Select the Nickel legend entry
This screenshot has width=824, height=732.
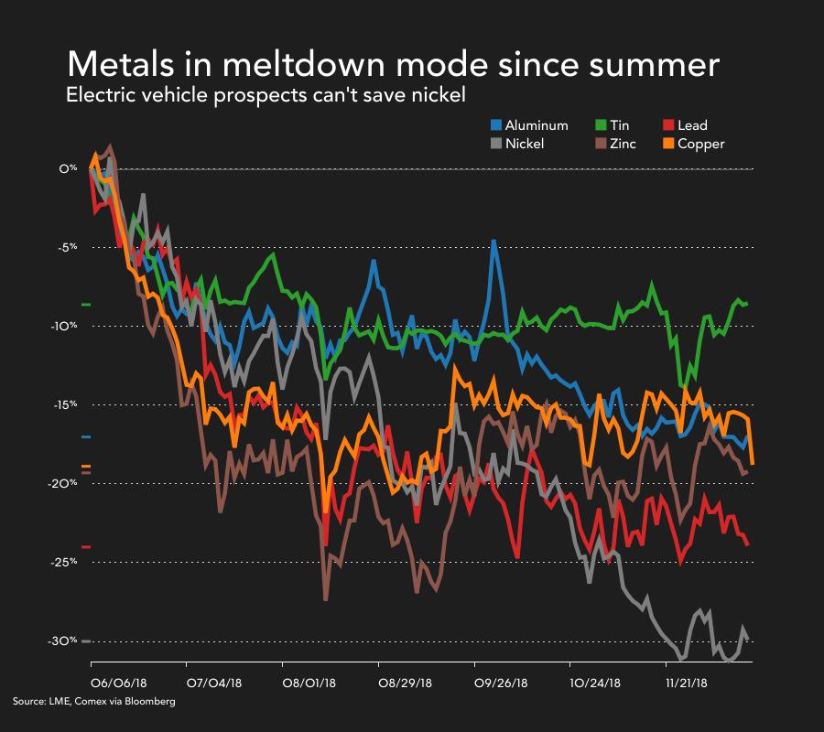(525, 144)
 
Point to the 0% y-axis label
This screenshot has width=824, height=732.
(69, 169)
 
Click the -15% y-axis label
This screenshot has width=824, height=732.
(65, 404)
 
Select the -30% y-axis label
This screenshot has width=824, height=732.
(65, 640)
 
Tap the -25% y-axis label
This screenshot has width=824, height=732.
(65, 562)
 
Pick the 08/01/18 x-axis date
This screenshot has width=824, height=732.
(309, 682)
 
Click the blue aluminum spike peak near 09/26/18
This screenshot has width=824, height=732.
(494, 242)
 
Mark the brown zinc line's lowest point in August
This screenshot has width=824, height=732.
(326, 599)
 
